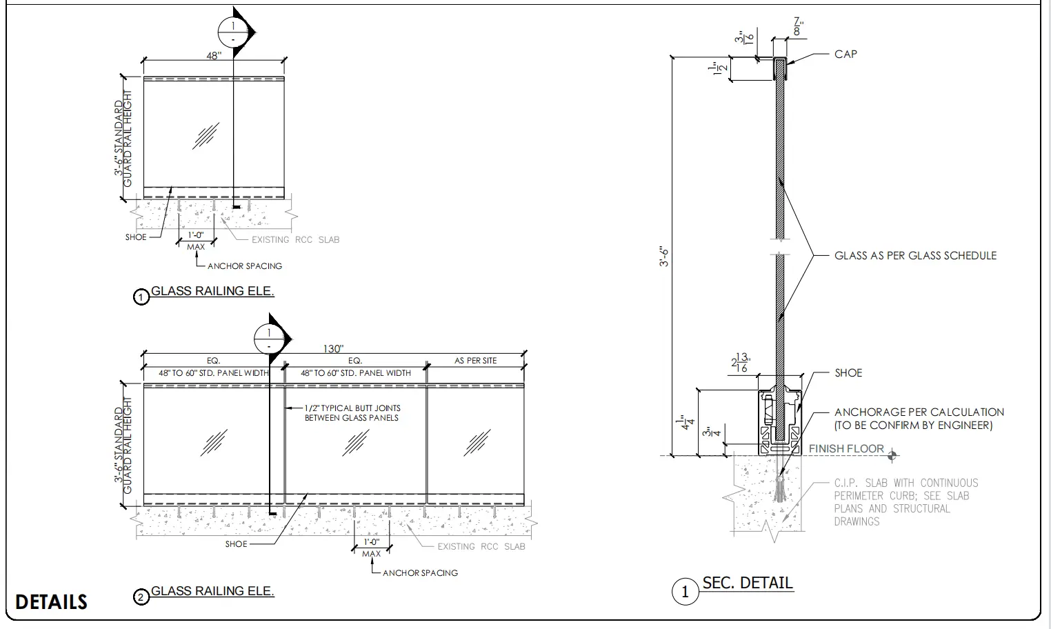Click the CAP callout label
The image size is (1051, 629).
[x=845, y=54]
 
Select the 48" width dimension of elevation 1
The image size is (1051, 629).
[x=214, y=56]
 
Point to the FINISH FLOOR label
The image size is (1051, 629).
[x=846, y=449]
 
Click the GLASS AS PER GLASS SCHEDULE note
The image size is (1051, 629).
[x=915, y=255]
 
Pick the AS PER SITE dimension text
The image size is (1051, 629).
[x=475, y=361]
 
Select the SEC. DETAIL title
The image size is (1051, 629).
[x=748, y=583]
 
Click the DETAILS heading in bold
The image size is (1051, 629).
[x=51, y=602]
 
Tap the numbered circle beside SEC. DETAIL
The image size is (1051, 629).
[x=685, y=592]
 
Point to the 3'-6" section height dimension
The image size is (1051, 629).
[x=665, y=257]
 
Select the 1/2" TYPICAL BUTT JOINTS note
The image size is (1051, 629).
[x=352, y=412]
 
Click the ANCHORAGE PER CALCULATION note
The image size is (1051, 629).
[x=919, y=419]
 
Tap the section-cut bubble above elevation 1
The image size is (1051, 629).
[x=233, y=32]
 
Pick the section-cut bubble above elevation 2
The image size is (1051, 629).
[x=269, y=339]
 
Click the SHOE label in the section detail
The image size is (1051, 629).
[x=848, y=372]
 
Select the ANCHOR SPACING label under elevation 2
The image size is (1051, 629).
[x=420, y=572]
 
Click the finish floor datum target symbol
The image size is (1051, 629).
[x=893, y=455]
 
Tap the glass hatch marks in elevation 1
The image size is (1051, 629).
[x=206, y=136]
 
